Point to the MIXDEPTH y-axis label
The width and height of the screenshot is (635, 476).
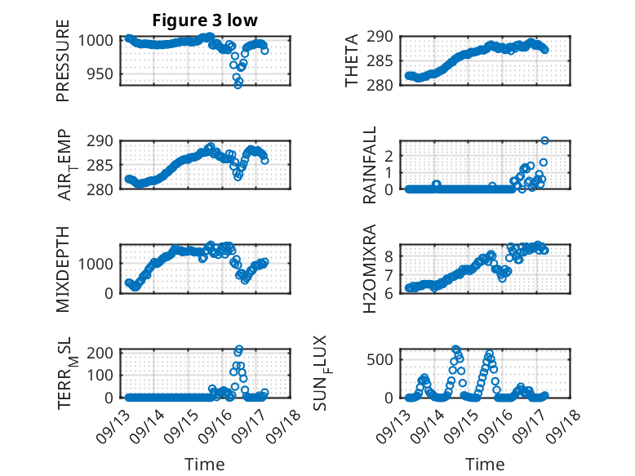(63, 268)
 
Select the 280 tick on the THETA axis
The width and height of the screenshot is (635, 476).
(386, 86)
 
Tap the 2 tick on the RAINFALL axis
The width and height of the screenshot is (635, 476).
(390, 155)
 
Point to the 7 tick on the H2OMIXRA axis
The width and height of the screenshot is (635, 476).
(390, 274)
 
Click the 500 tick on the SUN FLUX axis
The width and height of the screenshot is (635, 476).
(383, 359)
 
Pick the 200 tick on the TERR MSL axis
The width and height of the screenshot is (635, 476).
(103, 353)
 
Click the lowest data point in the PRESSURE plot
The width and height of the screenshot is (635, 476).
(238, 84)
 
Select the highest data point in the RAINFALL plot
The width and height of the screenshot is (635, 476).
(544, 140)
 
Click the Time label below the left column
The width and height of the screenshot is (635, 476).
(204, 465)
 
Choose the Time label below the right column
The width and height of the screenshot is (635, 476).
(485, 465)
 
